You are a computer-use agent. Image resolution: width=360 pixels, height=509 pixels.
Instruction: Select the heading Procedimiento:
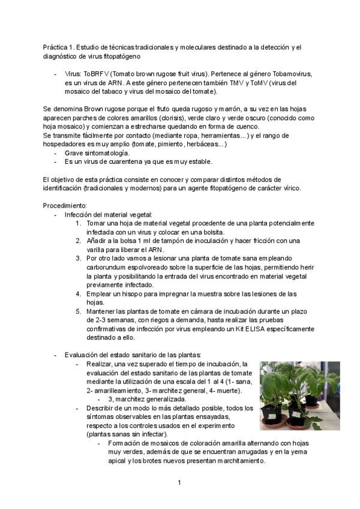(65, 205)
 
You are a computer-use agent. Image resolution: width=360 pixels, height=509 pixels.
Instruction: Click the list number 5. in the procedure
(79, 311)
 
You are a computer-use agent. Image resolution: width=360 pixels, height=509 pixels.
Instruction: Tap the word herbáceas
(202, 145)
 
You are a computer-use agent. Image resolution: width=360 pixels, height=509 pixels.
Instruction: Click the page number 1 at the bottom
(179, 482)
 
